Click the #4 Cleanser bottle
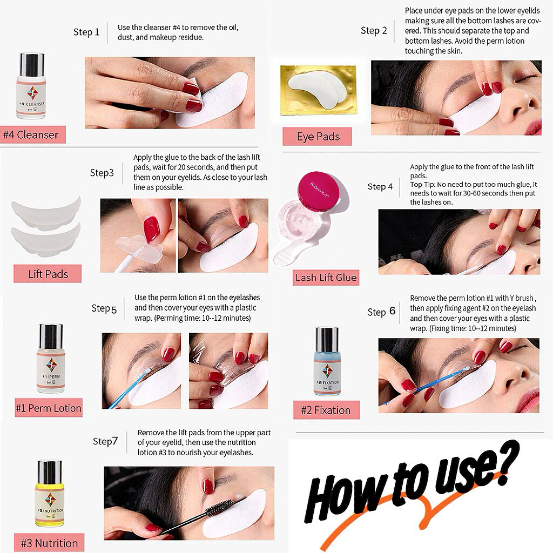click(31, 86)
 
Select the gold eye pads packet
click(318, 90)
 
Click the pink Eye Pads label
click(318, 137)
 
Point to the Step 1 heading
click(86, 32)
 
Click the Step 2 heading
click(374, 31)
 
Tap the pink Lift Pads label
click(48, 274)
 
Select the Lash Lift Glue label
click(326, 278)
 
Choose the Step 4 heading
click(380, 186)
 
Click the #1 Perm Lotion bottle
click(51, 359)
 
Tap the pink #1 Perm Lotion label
click(49, 408)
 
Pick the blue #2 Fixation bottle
click(327, 362)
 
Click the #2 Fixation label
click(326, 410)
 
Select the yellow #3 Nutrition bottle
click(50, 494)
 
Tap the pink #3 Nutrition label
click(49, 543)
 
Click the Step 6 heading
click(381, 312)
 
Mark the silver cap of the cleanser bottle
click(32, 64)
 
